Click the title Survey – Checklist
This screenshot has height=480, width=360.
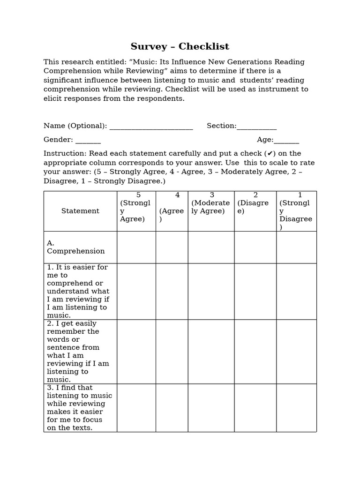click(x=180, y=46)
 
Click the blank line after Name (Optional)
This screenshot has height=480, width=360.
click(x=150, y=127)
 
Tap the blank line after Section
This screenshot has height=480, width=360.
click(x=257, y=127)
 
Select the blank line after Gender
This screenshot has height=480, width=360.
click(x=88, y=140)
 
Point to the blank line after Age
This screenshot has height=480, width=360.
click(x=286, y=140)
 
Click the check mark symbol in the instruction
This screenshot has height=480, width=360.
click(x=269, y=154)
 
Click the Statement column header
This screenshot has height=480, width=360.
click(x=80, y=211)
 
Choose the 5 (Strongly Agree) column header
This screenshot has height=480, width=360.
click(x=136, y=207)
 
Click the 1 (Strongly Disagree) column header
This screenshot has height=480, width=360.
click(x=296, y=211)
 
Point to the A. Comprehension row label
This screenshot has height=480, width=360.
click(x=75, y=247)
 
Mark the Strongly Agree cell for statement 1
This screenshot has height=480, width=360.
click(x=136, y=291)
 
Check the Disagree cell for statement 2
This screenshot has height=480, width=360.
click(x=255, y=351)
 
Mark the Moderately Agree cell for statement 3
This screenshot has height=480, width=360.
click(x=211, y=407)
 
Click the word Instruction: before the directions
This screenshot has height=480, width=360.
click(x=65, y=154)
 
